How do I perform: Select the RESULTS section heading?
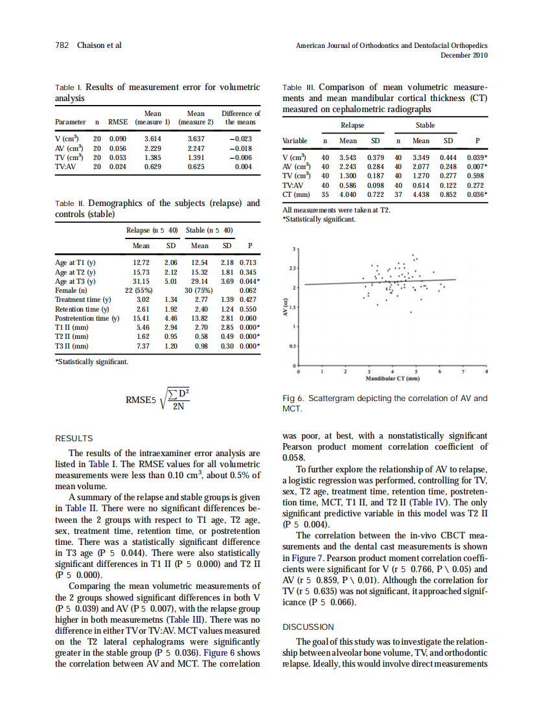[74, 439]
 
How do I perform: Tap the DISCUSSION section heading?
[309, 627]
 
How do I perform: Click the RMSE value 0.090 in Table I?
[117, 139]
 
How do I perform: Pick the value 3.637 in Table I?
[195, 139]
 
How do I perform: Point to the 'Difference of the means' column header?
[240, 117]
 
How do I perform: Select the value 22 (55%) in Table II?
[138, 290]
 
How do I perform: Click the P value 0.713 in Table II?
[248, 262]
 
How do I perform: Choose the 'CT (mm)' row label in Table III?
[295, 194]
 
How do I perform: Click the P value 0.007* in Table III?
[477, 166]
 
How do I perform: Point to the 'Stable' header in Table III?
[425, 125]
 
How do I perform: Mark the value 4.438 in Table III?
[421, 194]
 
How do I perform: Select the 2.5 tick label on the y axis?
[293, 268]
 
